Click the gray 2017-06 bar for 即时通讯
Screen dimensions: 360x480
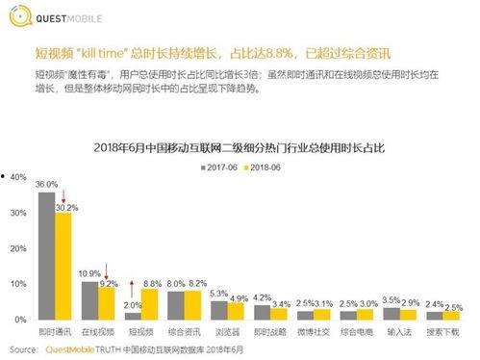[46, 255]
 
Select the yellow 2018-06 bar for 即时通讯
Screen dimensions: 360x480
[63, 266]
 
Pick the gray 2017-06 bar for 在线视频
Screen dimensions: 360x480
[89, 299]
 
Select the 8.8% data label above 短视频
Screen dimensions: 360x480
[152, 283]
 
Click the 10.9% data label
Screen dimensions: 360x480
[89, 273]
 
